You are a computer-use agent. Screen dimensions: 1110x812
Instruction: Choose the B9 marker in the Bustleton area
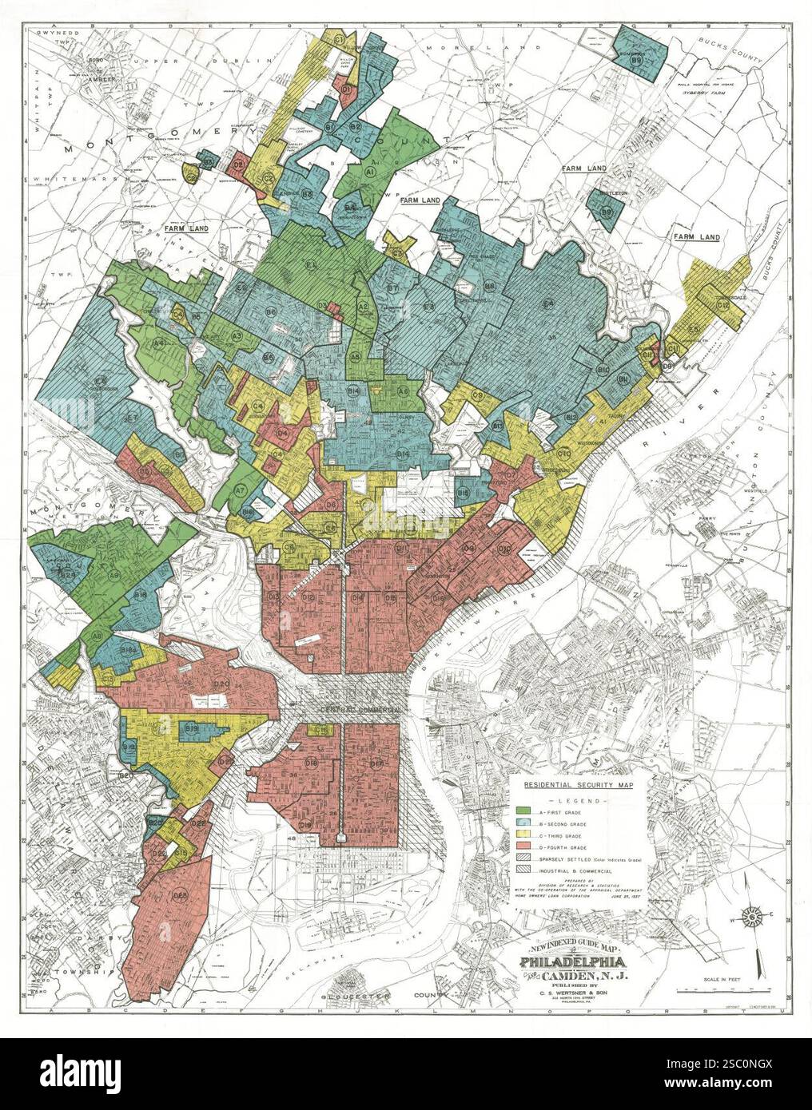point(606,212)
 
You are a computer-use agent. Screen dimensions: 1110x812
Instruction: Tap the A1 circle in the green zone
point(370,171)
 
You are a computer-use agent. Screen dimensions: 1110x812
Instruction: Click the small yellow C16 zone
point(320,730)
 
